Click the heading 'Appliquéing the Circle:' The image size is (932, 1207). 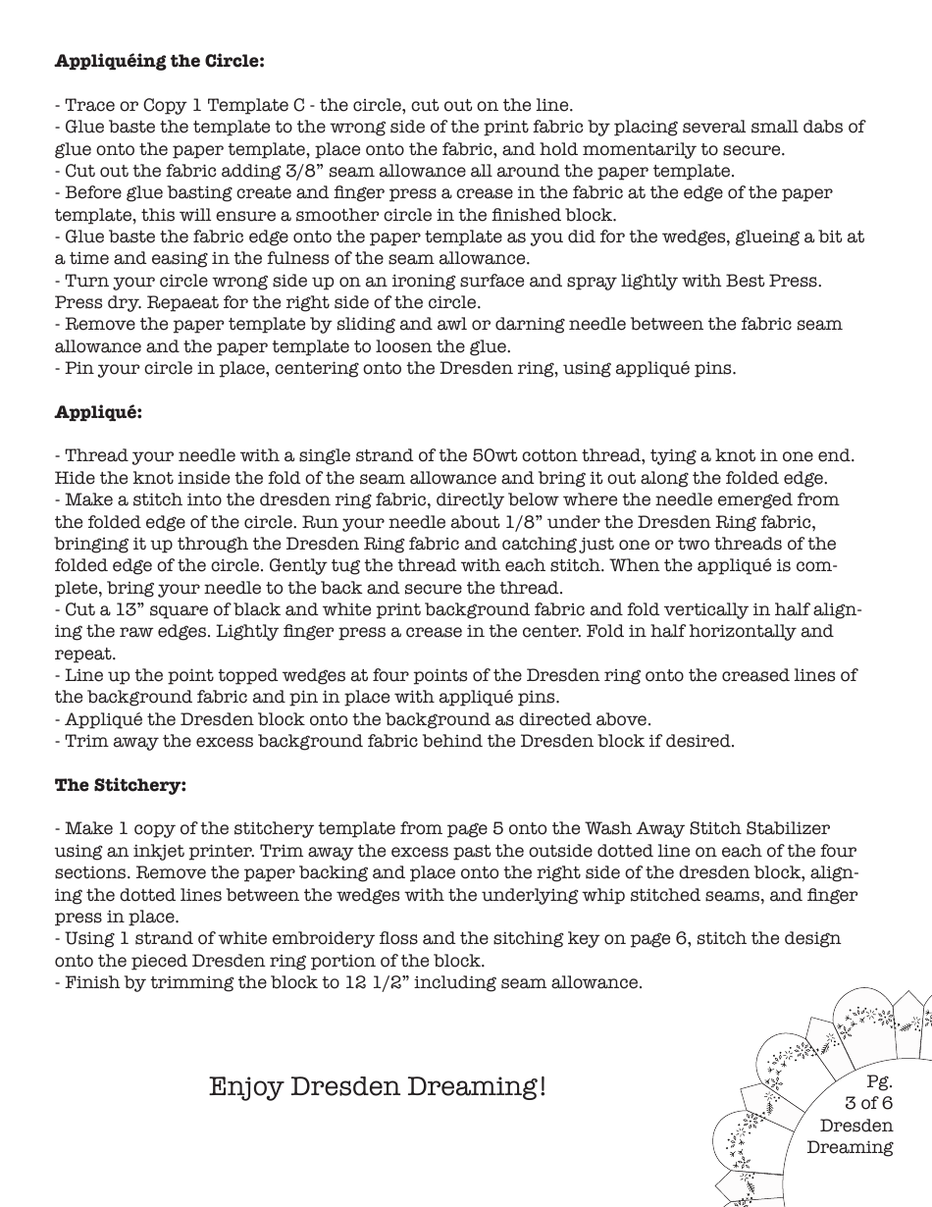[x=159, y=61]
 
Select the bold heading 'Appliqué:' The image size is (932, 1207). [x=98, y=411]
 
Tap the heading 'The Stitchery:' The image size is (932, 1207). [x=120, y=785]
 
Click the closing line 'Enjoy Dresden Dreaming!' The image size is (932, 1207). [x=378, y=1086]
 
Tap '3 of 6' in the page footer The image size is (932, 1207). [x=868, y=1103]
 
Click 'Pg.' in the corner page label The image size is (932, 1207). [x=879, y=1081]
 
